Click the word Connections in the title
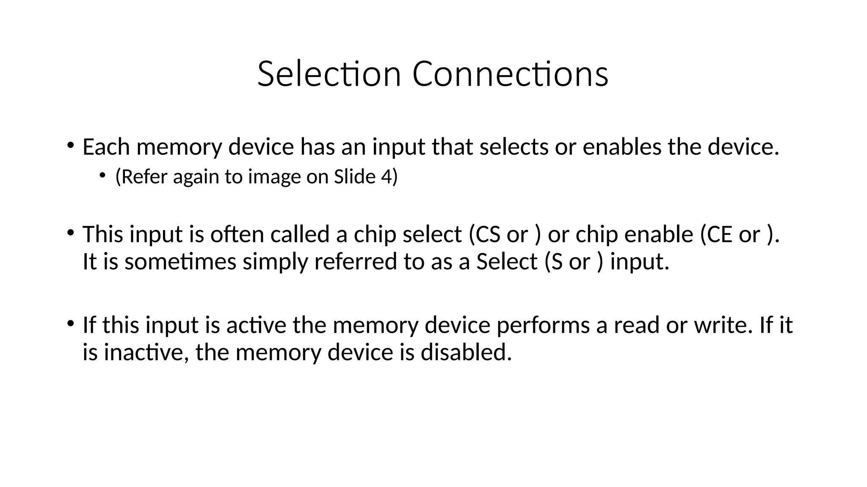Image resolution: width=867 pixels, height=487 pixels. [x=510, y=74]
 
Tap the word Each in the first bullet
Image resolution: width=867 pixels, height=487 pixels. [x=106, y=147]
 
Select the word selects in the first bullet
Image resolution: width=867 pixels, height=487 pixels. [x=514, y=147]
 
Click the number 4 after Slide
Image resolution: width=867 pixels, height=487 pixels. [x=386, y=177]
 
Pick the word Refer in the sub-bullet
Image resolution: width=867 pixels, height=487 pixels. [x=145, y=177]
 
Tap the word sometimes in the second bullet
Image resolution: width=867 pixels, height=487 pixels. [x=180, y=262]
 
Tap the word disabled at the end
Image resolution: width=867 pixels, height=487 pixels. [x=466, y=353]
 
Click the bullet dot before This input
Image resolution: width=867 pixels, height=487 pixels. [x=70, y=233]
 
